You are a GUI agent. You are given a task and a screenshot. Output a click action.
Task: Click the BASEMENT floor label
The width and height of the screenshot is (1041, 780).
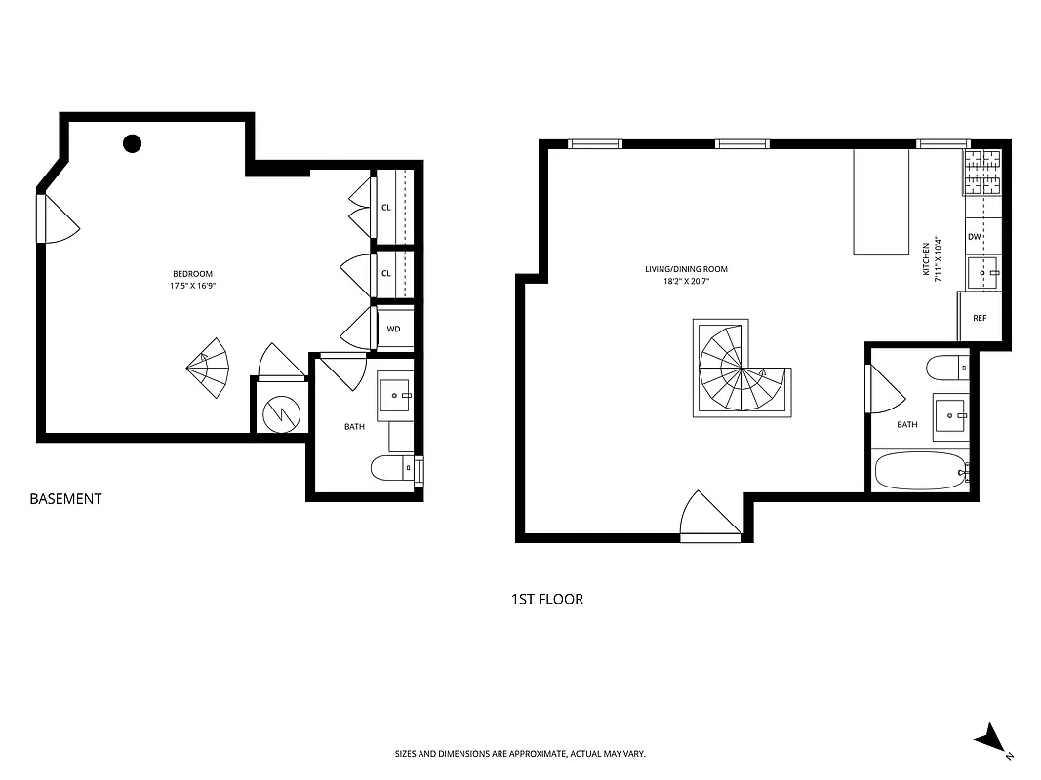pyautogui.click(x=65, y=499)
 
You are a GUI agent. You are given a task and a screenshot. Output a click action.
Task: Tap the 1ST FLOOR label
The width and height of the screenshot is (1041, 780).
pyautogui.click(x=546, y=599)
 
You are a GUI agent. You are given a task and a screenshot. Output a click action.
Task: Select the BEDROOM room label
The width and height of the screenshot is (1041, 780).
pyautogui.click(x=192, y=274)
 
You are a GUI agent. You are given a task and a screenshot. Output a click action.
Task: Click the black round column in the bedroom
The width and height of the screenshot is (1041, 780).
pyautogui.click(x=133, y=144)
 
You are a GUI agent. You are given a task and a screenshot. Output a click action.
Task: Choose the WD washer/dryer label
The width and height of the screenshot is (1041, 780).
pyautogui.click(x=393, y=329)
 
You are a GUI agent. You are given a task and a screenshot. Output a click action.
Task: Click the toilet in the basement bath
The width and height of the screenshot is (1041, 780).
pyautogui.click(x=392, y=469)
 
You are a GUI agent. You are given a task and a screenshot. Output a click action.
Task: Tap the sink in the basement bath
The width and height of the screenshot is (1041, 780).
pyautogui.click(x=395, y=395)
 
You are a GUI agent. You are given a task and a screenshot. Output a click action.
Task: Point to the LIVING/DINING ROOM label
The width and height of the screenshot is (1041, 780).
pyautogui.click(x=686, y=269)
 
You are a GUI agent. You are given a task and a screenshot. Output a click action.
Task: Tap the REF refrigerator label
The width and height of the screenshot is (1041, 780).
pyautogui.click(x=980, y=319)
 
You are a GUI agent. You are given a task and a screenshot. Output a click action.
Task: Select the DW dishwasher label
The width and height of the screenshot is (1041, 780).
pyautogui.click(x=974, y=237)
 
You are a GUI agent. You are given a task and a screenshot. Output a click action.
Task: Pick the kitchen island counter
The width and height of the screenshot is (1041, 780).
pyautogui.click(x=881, y=201)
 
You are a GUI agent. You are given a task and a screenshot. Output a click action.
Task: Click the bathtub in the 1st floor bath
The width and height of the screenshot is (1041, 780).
pyautogui.click(x=917, y=471)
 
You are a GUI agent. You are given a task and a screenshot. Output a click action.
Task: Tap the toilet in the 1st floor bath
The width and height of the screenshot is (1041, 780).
pyautogui.click(x=946, y=369)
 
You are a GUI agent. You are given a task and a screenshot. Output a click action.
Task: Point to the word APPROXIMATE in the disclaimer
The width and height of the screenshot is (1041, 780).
pyautogui.click(x=516, y=754)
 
